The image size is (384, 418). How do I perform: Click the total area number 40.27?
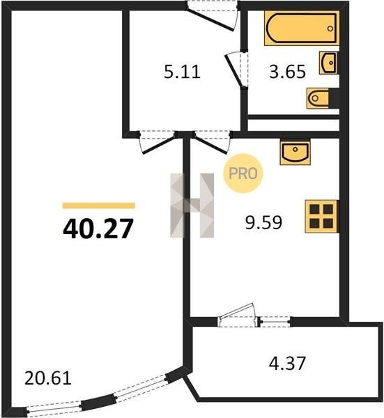click(98, 229)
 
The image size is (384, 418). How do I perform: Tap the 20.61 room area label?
click(48, 378)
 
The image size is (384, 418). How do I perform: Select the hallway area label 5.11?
click(182, 72)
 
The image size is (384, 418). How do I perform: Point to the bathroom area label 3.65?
click(287, 72)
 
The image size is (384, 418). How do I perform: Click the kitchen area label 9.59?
click(263, 223)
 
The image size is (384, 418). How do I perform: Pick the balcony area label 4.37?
click(287, 363)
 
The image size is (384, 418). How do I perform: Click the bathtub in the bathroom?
click(302, 29)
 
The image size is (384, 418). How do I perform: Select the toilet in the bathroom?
click(323, 98)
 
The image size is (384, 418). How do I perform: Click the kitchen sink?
click(295, 153)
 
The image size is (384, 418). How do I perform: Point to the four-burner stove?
click(322, 216)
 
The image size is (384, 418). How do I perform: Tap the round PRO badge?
click(243, 173)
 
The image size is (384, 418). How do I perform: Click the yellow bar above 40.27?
click(99, 206)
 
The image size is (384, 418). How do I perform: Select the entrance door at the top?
click(212, 15)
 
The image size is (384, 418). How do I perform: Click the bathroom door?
click(237, 70)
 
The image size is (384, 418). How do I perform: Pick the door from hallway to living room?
click(158, 142)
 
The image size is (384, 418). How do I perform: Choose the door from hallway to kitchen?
click(212, 142)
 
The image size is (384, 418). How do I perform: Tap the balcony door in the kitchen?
click(238, 315)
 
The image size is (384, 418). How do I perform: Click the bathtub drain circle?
click(330, 29)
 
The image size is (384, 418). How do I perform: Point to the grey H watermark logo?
click(192, 206)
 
